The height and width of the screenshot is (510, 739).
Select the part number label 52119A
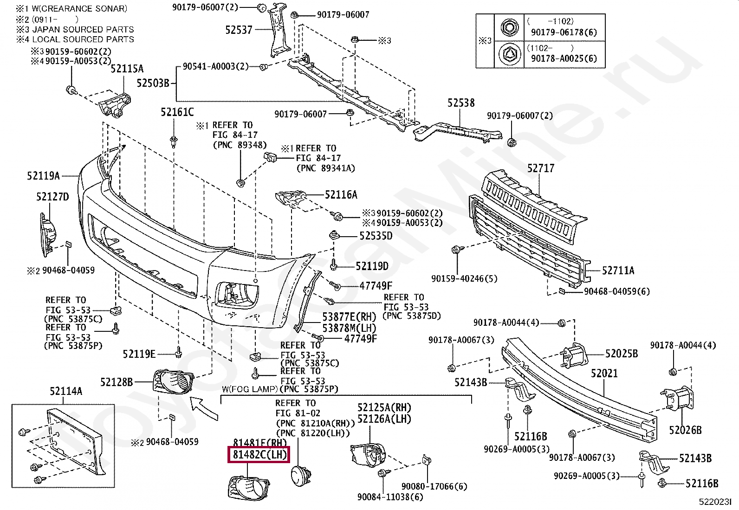43,176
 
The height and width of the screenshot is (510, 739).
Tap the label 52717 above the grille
540,168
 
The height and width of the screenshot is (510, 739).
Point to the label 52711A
618,270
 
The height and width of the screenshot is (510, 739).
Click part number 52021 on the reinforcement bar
604,373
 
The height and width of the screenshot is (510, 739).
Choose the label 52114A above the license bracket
66,391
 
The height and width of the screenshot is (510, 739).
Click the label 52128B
117,382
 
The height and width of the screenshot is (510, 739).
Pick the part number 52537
239,30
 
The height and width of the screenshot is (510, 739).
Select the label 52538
461,103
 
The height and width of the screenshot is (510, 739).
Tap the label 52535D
376,236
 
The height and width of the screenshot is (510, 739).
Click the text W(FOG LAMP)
250,389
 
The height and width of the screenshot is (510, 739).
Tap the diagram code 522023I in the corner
715,502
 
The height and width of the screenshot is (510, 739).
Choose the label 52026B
685,430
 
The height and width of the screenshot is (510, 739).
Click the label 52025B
621,354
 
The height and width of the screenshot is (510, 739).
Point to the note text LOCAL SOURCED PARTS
83,39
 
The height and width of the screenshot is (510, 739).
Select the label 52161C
177,112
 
